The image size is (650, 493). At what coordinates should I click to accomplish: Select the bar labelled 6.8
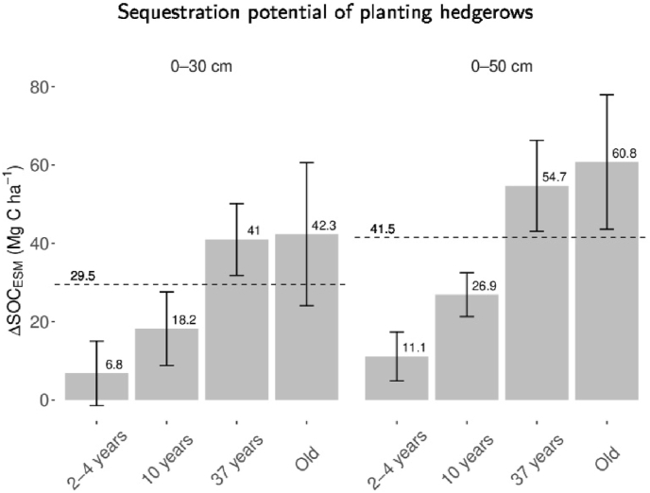(x=96, y=387)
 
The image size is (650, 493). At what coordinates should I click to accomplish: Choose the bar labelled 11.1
(x=397, y=379)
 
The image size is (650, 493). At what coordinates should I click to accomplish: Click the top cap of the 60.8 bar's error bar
(x=606, y=94)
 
